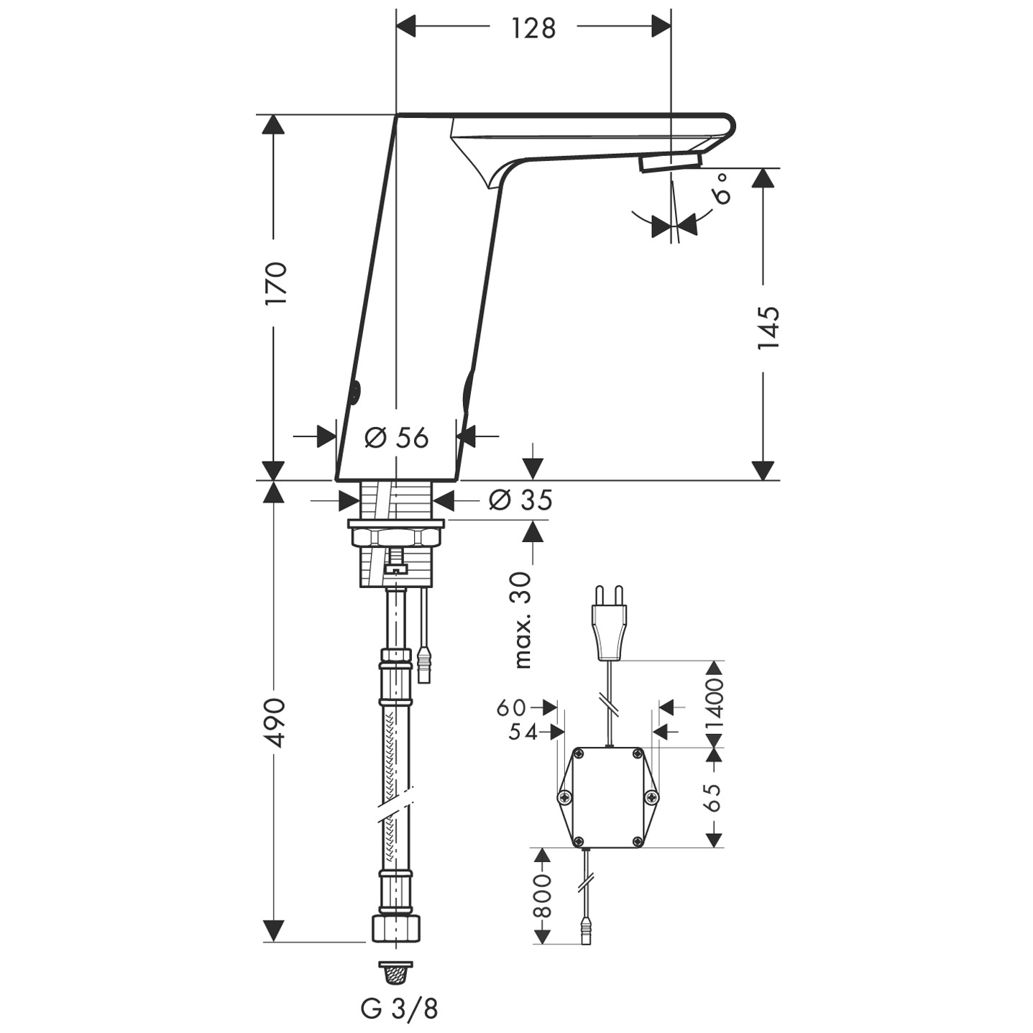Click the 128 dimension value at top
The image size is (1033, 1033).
tap(533, 28)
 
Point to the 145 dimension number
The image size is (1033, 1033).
tap(768, 327)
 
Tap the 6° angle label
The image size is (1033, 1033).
tap(721, 188)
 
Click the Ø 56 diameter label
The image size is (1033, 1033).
tap(396, 437)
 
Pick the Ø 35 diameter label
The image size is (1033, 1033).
tap(520, 499)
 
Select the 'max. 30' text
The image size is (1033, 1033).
tap(523, 620)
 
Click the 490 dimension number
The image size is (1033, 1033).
tap(276, 722)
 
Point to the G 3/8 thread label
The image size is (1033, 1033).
tap(399, 1009)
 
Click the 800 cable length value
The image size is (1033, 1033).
tap(543, 895)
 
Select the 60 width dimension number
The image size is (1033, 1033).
tap(511, 707)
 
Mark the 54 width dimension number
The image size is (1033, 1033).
tap(523, 732)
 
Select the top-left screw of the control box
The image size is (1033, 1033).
tap(579, 753)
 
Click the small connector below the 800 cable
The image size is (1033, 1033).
tap(587, 937)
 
